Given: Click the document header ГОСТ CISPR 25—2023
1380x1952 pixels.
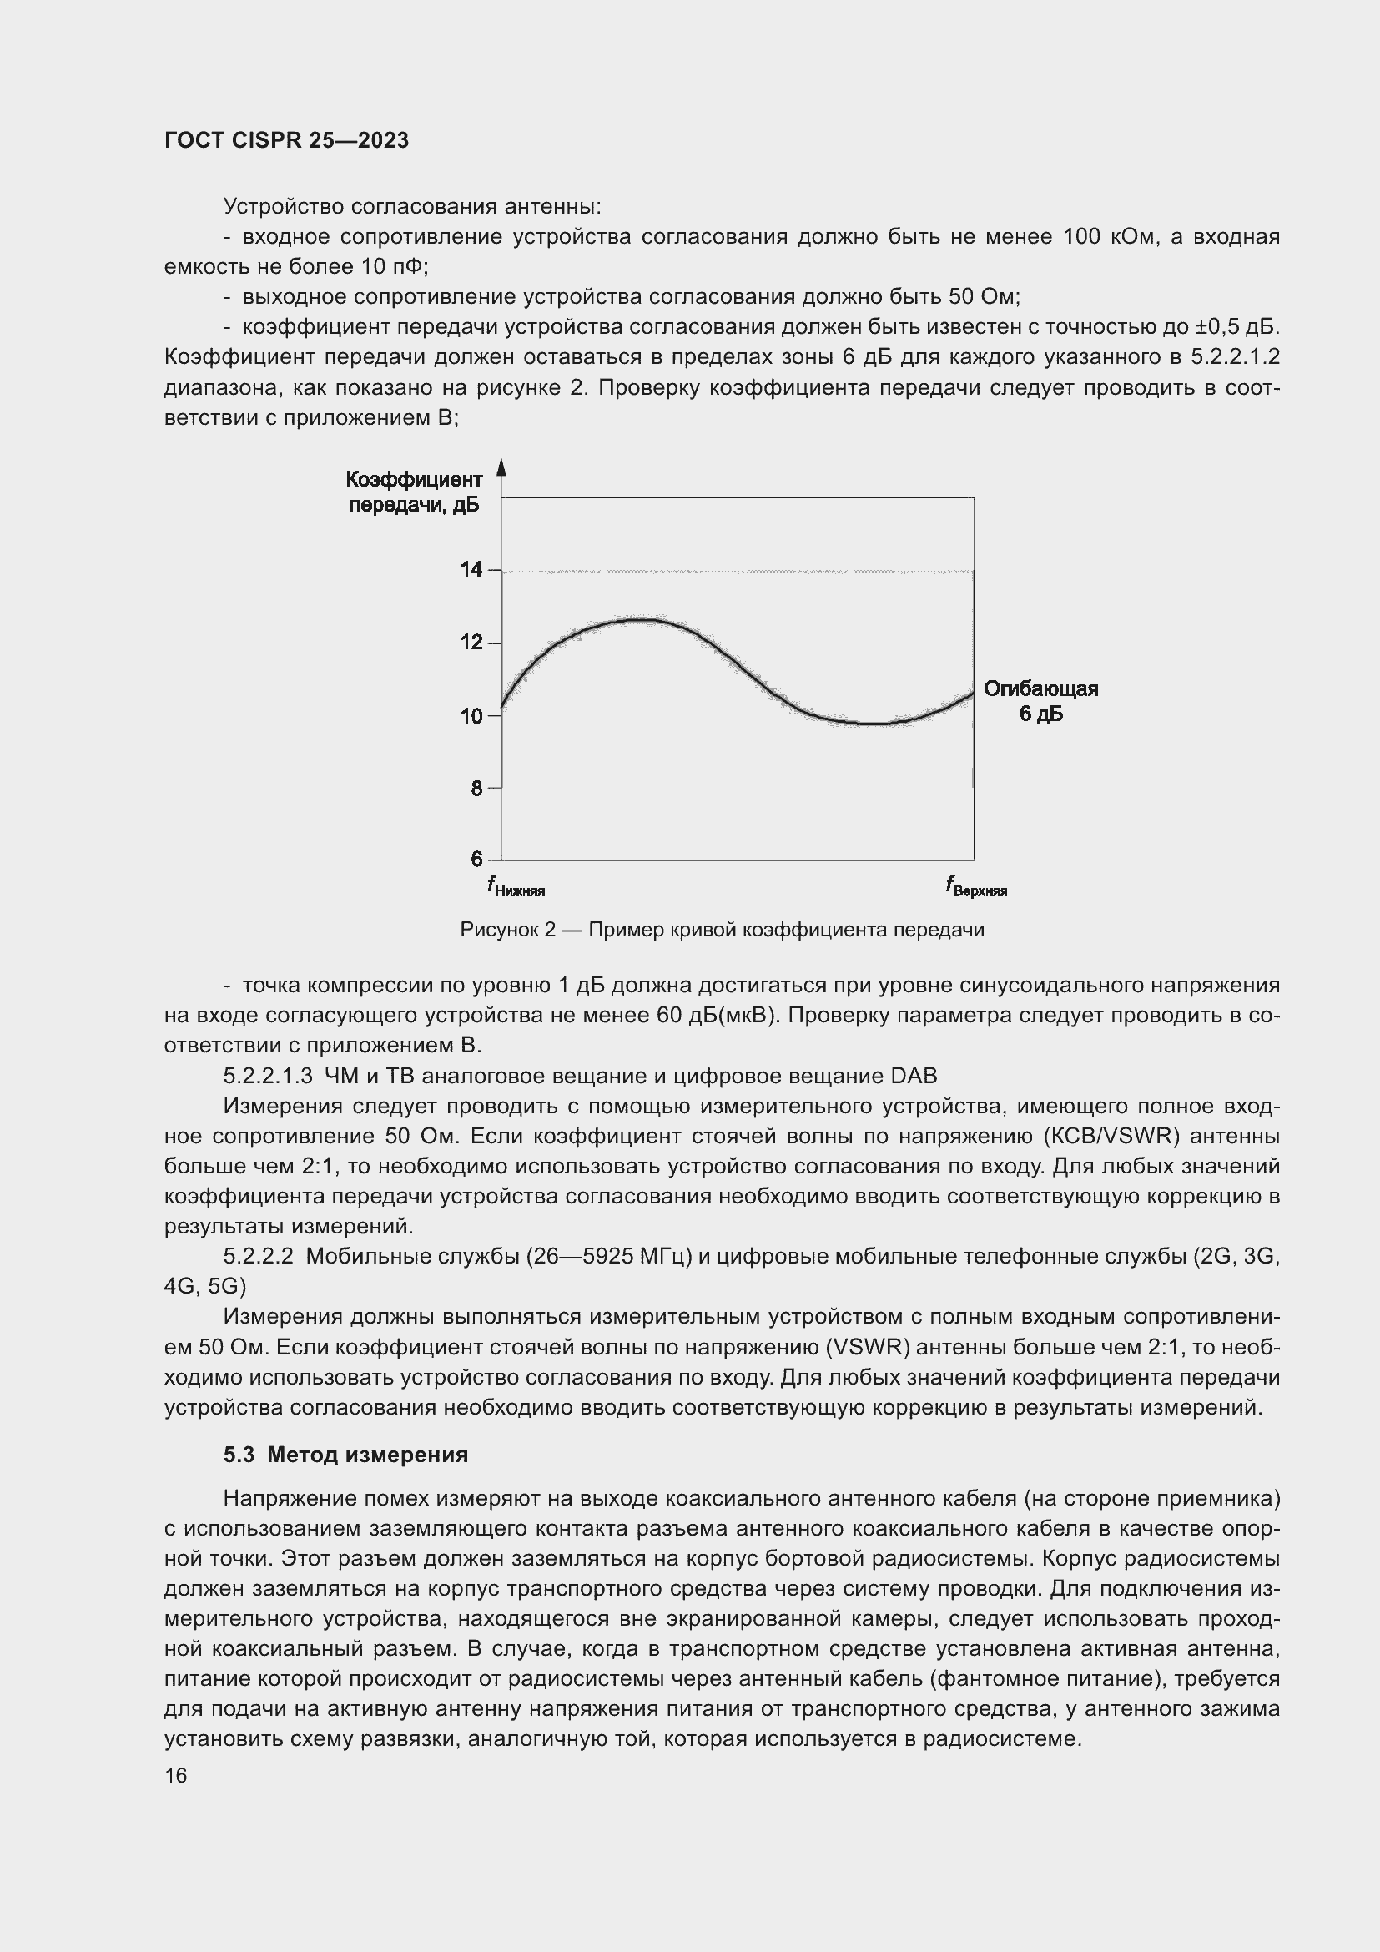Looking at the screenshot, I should click(x=286, y=140).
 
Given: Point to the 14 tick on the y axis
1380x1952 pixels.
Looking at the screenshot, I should click(x=471, y=570).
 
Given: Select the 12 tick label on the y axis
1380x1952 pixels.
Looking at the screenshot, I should click(x=471, y=643).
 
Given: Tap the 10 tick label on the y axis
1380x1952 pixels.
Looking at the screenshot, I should click(x=471, y=716).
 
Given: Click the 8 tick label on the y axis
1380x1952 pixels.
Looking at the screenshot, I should click(x=476, y=789).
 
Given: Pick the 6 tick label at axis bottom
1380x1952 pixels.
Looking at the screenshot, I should click(x=476, y=860).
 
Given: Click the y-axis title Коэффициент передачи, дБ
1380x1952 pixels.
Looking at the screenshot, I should click(x=414, y=492).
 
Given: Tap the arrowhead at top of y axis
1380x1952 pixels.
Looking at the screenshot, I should click(x=501, y=467).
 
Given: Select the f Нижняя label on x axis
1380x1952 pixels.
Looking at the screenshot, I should click(x=516, y=888).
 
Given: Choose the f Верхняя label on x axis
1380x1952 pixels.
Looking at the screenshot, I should click(x=975, y=888).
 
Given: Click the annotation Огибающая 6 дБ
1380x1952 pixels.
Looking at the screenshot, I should click(x=1041, y=701).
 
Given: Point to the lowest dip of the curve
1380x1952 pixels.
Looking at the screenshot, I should click(x=874, y=724).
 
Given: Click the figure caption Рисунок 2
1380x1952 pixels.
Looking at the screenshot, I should click(x=722, y=930).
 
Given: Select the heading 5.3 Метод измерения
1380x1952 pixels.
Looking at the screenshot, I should click(x=345, y=1455).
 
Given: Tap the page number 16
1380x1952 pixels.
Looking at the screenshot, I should click(x=176, y=1776).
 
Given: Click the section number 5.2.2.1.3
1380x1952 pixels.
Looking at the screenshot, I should click(x=269, y=1077).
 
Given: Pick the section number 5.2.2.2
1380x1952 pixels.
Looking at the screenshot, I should click(x=259, y=1257).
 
